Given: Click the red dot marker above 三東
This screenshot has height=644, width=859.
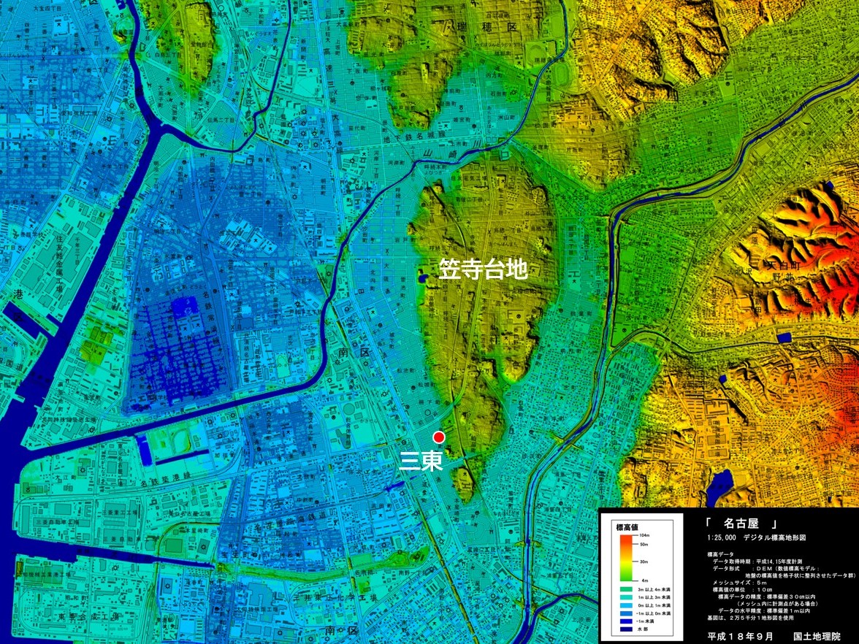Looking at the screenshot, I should click(438, 437).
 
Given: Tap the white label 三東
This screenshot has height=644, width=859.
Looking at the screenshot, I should click(422, 461).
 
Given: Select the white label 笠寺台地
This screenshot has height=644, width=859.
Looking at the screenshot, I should click(483, 269).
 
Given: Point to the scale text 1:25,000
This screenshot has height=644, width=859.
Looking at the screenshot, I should click(721, 537).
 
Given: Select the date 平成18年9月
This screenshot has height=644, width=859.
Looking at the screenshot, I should click(740, 637).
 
